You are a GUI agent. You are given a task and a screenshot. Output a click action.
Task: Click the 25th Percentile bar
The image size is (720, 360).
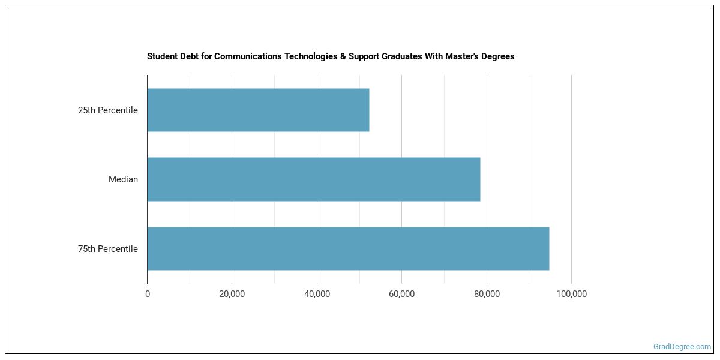[258, 110]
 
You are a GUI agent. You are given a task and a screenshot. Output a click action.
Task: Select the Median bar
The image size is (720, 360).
[313, 179]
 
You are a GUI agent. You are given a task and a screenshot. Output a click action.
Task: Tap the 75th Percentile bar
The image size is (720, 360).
[348, 248]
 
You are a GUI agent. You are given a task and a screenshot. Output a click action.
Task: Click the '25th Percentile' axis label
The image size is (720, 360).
[108, 110]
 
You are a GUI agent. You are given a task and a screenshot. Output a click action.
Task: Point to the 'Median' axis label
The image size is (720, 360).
[123, 179]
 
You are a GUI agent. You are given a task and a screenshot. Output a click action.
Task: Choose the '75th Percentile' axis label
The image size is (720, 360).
[108, 249]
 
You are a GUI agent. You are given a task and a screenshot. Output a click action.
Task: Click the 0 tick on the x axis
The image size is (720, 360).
[148, 294]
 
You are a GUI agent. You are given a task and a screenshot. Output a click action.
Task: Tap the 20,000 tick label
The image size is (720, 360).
[232, 294]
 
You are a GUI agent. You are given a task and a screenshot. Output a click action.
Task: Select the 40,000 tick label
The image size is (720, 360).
[317, 294]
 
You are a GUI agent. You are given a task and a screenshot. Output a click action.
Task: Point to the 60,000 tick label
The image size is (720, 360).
[402, 294]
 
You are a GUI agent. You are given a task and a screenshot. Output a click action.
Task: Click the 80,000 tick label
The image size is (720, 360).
[487, 294]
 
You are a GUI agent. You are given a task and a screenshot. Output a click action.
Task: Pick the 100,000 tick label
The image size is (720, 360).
[571, 294]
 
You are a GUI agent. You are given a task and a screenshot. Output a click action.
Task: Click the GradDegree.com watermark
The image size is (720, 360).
[682, 347]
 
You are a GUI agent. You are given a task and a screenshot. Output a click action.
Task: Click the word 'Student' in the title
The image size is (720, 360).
[161, 56]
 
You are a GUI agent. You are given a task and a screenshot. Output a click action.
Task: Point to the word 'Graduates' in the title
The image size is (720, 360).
[392, 56]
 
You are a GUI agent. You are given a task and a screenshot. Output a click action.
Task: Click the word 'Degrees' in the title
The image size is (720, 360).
[498, 56]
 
